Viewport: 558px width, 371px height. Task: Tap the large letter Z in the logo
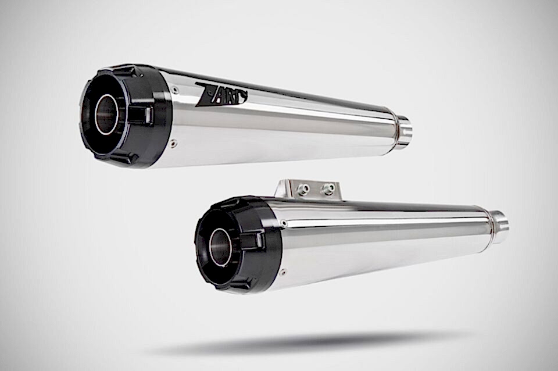point(203,94)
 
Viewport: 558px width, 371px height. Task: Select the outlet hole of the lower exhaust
point(219,247)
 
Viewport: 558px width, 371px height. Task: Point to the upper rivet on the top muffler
point(174,89)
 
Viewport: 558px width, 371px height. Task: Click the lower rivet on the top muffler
point(173,144)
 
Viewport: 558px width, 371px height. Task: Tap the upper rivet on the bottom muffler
point(284,223)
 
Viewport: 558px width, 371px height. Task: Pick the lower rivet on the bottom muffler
point(284,273)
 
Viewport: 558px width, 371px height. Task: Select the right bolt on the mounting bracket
point(327,189)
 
